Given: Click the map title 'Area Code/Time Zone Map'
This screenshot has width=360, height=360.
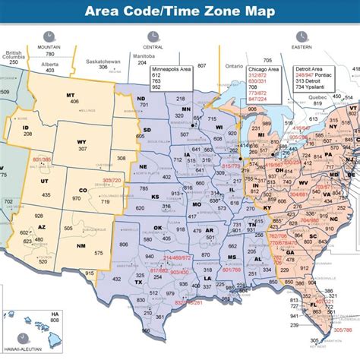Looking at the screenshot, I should [180, 11].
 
